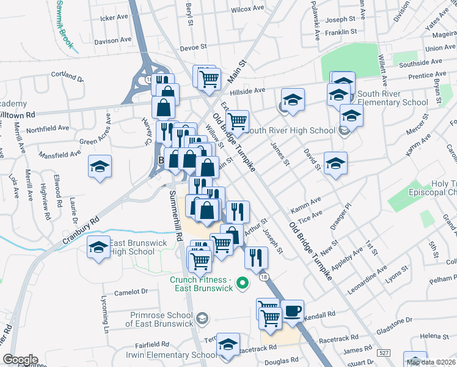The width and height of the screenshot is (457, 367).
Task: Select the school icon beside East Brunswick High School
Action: pyautogui.click(x=98, y=248)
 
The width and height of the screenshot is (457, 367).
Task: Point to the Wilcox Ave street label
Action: pyautogui.click(x=247, y=9)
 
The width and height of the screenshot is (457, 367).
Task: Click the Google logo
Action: pyautogui.click(x=20, y=359)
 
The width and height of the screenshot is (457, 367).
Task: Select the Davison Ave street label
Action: pyautogui.click(x=113, y=41)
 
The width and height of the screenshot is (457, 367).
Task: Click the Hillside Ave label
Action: pyautogui.click(x=251, y=90)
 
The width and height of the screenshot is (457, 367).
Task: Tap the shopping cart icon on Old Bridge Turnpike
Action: pyautogui.click(x=237, y=121)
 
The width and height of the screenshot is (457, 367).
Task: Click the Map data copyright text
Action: pyautogui.click(x=431, y=362)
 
